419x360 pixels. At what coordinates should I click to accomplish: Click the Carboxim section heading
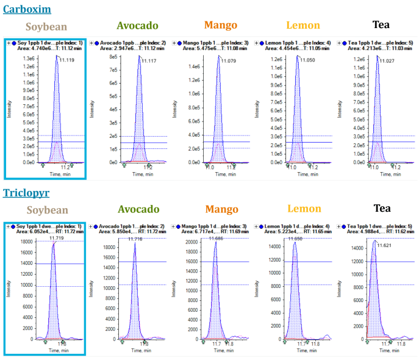pyautogui.click(x=26, y=9)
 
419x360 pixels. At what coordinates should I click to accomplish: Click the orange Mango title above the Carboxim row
pyautogui.click(x=220, y=26)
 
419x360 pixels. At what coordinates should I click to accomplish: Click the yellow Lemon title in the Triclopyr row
pyautogui.click(x=303, y=209)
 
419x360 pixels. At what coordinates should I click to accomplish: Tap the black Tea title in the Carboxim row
pyautogui.click(x=381, y=25)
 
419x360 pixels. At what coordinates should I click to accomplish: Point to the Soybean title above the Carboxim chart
pyautogui.click(x=46, y=27)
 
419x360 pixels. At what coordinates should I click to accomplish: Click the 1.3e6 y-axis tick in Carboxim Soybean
pyautogui.click(x=29, y=58)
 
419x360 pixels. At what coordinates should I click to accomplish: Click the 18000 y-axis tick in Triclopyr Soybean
pyautogui.click(x=27, y=242)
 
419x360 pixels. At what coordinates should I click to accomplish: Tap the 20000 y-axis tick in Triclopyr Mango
pyautogui.click(x=193, y=242)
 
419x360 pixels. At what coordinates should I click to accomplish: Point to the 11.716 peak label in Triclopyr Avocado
pyautogui.click(x=135, y=239)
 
